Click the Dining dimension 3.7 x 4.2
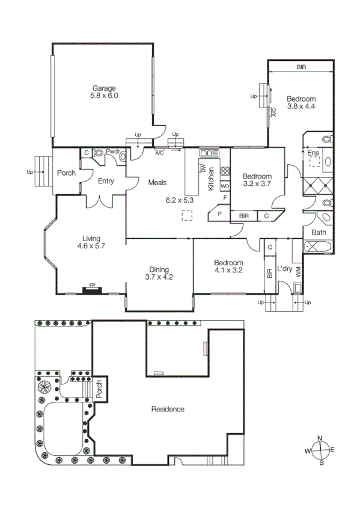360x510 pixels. tap(159, 278)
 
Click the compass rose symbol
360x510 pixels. tap(322, 450)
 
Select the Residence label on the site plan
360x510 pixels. tap(168, 409)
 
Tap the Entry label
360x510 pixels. tap(106, 180)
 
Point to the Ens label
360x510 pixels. tap(313, 153)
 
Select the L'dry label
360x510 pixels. tap(284, 269)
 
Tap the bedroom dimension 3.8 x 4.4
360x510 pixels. tap(301, 106)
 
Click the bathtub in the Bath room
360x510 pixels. tap(317, 245)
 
